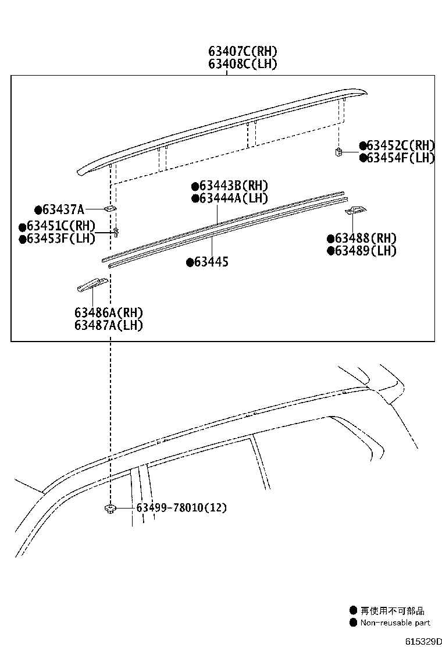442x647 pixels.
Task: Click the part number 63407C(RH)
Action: tap(243, 52)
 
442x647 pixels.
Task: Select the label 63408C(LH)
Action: tap(243, 64)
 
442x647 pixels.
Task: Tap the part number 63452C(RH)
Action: tap(401, 145)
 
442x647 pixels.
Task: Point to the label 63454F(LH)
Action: tap(401, 158)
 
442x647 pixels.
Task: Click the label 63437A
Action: tap(63, 209)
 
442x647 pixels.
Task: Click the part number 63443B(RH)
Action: tap(233, 186)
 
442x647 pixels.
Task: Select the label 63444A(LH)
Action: tap(233, 198)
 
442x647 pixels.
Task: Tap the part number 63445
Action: tap(211, 262)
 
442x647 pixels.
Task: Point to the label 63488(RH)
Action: tap(365, 238)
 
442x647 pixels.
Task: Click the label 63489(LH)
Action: tap(365, 251)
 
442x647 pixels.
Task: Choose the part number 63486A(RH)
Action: tap(109, 313)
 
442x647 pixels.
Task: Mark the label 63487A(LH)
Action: tap(109, 325)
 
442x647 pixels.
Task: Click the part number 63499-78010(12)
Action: tap(181, 508)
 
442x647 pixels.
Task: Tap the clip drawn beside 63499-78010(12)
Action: tap(109, 509)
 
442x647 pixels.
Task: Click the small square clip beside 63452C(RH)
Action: tap(337, 152)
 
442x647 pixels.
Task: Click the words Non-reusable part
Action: tap(395, 623)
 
